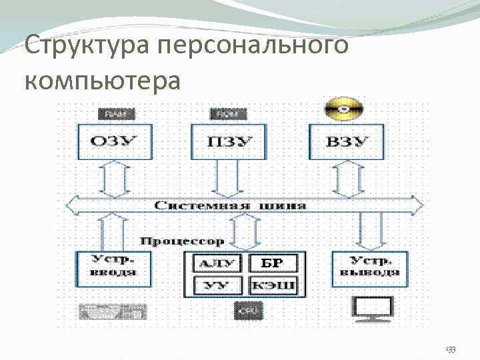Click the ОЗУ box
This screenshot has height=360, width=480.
tap(115, 141)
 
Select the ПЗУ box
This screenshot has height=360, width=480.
tap(228, 141)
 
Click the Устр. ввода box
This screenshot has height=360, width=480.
tap(114, 267)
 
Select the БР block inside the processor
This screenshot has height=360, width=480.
tap(272, 263)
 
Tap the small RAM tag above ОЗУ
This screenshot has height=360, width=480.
tap(115, 114)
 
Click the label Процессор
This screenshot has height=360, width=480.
tap(183, 239)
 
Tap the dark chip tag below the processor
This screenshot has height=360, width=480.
tap(249, 310)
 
